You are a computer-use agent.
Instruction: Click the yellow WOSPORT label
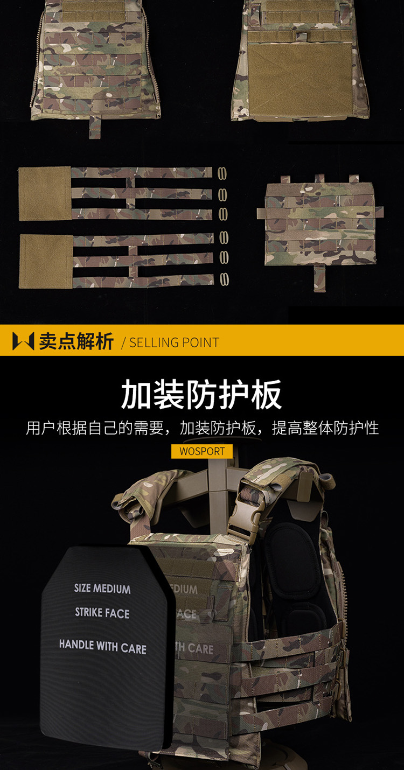202,451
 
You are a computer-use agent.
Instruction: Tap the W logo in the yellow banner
23,341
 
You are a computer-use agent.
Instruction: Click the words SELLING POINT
174,342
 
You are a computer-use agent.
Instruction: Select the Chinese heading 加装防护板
201,394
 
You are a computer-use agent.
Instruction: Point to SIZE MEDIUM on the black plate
102,588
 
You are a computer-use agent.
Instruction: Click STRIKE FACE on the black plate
102,613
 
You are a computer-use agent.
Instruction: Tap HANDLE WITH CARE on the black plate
102,646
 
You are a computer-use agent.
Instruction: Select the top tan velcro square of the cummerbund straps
45,193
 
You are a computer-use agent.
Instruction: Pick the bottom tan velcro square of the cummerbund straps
46,262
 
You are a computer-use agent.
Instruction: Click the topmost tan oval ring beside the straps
222,173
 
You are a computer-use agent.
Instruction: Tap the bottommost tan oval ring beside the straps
224,279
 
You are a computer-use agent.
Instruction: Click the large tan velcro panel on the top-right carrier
300,79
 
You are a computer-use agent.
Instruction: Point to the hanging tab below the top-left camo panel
95,128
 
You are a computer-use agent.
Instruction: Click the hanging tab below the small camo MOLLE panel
319,279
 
